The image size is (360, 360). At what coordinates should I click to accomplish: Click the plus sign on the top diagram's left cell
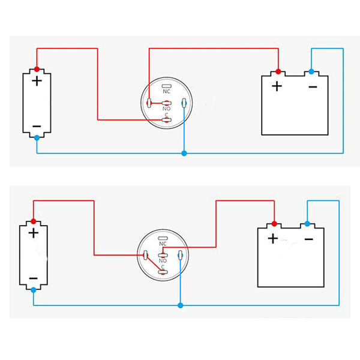point(37,81)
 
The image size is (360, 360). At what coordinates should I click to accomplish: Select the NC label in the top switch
point(166,91)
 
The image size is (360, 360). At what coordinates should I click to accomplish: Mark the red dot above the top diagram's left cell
point(37,69)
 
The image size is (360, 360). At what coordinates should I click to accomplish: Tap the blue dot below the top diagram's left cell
point(37,138)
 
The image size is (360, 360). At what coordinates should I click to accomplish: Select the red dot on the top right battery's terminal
point(278,70)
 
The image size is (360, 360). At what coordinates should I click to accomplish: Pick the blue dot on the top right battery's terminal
point(311,70)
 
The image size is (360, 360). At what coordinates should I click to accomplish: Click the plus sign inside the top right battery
point(277,86)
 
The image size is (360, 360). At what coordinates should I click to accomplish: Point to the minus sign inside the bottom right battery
point(308,239)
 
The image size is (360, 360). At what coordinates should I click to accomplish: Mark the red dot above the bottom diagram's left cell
point(33,221)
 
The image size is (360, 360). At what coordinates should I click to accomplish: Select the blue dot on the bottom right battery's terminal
point(307,223)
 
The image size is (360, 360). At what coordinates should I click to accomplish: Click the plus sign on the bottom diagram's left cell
point(33,233)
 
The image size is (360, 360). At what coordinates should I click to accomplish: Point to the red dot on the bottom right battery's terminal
point(274,223)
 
